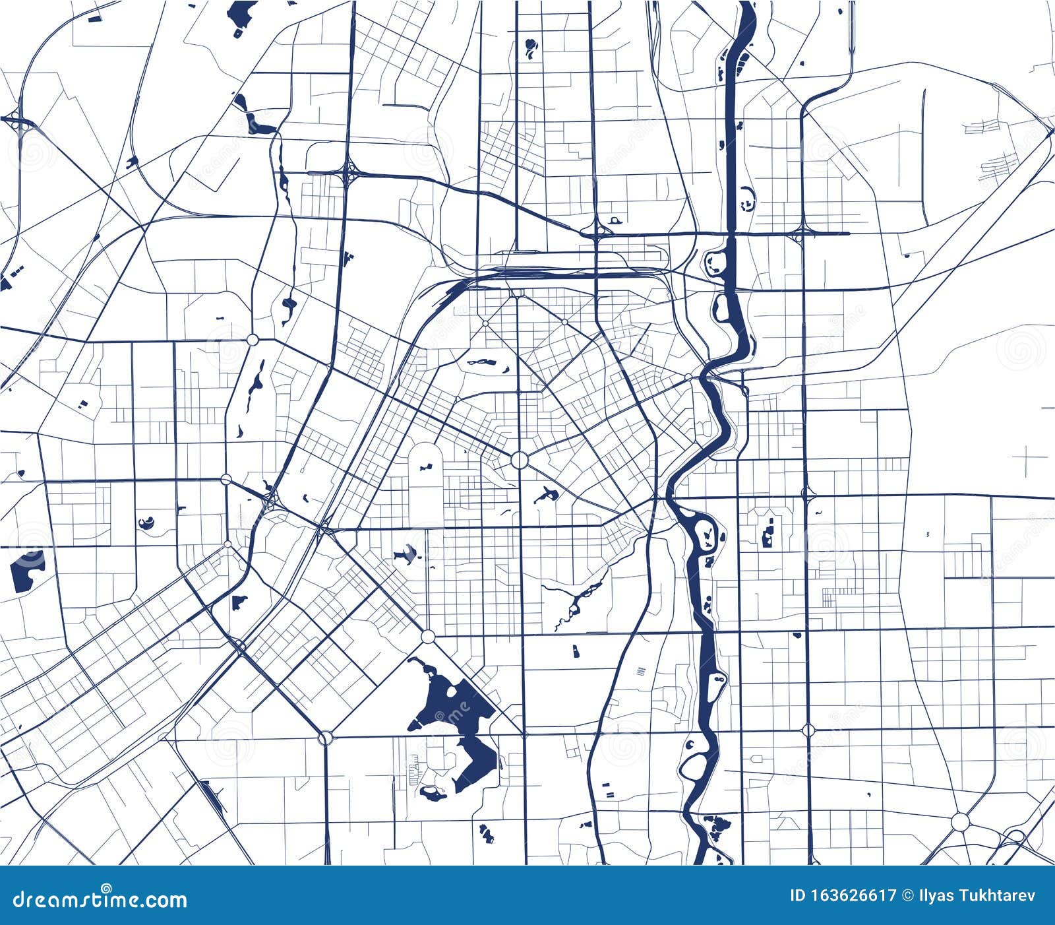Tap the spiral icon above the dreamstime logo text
tap(106, 888)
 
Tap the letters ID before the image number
tap(797, 895)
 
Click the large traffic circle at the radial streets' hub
tap(520, 460)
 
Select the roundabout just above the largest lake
tap(428, 637)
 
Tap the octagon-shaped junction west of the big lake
tap(325, 738)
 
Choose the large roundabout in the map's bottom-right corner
tap(961, 822)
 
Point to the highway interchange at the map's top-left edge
tap(15, 120)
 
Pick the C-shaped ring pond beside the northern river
tap(747, 197)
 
